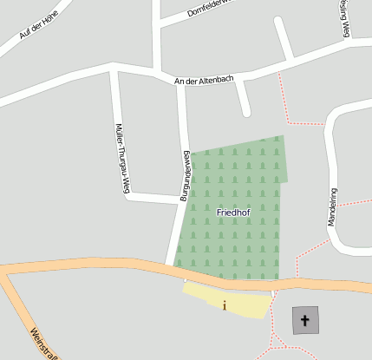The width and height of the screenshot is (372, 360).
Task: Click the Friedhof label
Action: click(232, 212)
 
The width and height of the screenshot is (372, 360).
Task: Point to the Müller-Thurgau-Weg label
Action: click(122, 159)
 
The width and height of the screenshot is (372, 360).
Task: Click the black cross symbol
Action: click(304, 321)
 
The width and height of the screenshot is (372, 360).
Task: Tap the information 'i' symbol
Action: click(225, 304)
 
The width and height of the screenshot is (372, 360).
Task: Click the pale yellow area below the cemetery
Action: click(247, 303)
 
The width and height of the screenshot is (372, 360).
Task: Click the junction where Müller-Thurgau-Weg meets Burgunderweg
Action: click(179, 200)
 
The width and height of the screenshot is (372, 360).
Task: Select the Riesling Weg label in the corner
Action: click(344, 17)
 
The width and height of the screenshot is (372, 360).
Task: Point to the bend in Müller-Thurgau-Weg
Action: click(127, 196)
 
